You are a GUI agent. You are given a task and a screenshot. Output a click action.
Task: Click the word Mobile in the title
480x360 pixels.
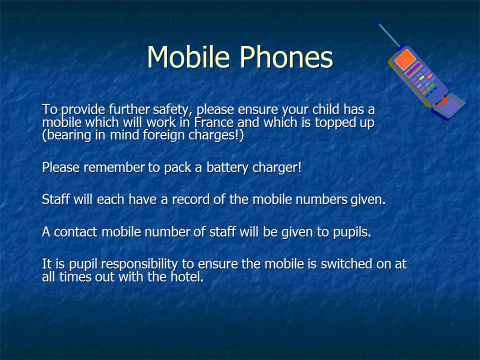click(x=188, y=57)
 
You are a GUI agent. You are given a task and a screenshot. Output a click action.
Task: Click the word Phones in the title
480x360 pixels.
click(x=286, y=57)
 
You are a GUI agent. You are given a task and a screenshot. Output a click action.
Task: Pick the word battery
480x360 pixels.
click(x=227, y=168)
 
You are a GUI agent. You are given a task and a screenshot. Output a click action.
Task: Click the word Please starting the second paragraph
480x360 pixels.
click(x=61, y=167)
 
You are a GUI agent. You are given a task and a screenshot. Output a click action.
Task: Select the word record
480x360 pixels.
click(x=190, y=199)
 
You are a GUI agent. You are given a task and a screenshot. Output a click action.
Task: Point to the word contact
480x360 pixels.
click(x=75, y=232)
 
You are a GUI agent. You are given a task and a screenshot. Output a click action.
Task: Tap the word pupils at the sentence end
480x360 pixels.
click(x=352, y=232)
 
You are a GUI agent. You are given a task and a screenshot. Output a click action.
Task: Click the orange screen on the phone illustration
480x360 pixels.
click(x=404, y=59)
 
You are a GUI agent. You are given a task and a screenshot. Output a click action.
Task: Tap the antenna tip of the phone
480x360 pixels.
click(x=377, y=21)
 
